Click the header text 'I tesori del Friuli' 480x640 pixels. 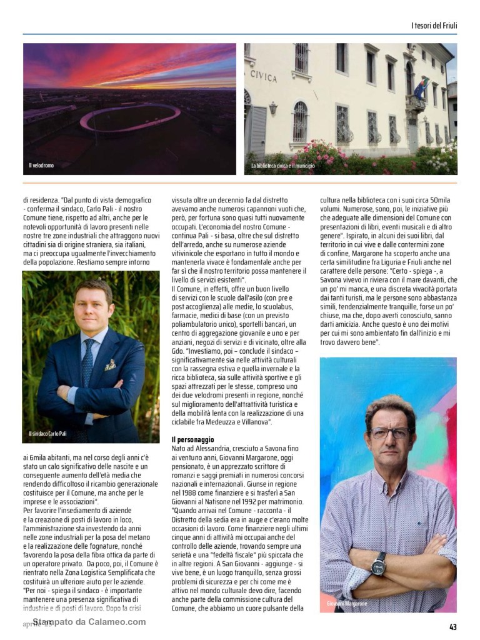click(434, 25)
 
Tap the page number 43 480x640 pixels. click(453, 626)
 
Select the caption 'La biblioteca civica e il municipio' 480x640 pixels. click(283, 166)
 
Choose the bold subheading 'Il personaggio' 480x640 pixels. click(192, 440)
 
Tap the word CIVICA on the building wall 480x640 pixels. click(263, 76)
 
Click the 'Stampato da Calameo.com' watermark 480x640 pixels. click(89, 622)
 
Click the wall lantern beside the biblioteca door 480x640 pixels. click(272, 107)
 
